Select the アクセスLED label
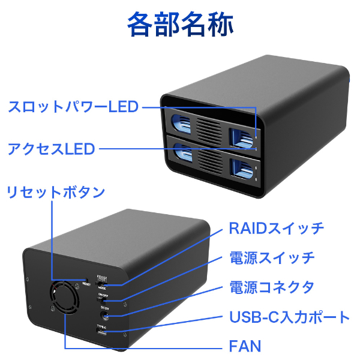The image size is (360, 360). [x=52, y=148]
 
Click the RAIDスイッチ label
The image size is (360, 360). [x=277, y=228]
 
